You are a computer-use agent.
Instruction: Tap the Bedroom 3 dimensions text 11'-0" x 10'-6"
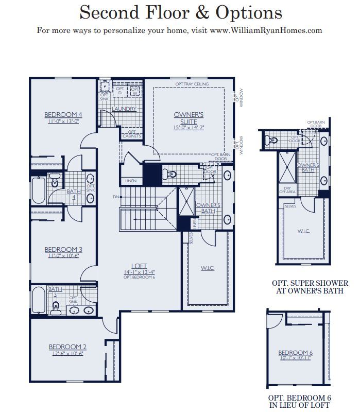pos(63,256)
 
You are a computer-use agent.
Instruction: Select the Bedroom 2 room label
pos(67,347)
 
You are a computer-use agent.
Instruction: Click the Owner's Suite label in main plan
pos(189,117)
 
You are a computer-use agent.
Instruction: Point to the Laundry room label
pos(124,109)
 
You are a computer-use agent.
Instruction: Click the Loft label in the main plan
pos(139,266)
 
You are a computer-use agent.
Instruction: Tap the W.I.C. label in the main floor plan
pos(208,268)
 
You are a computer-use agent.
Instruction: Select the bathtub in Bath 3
pos(39,300)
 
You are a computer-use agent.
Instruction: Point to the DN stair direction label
pos(116,197)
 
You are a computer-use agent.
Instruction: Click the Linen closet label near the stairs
pos(131,181)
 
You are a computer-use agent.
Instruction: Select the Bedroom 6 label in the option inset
pos(295,353)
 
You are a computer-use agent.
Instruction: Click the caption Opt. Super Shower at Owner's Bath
pos(310,287)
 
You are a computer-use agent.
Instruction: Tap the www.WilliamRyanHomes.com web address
pos(266,30)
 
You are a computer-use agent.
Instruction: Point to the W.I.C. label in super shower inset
pos(303,231)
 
